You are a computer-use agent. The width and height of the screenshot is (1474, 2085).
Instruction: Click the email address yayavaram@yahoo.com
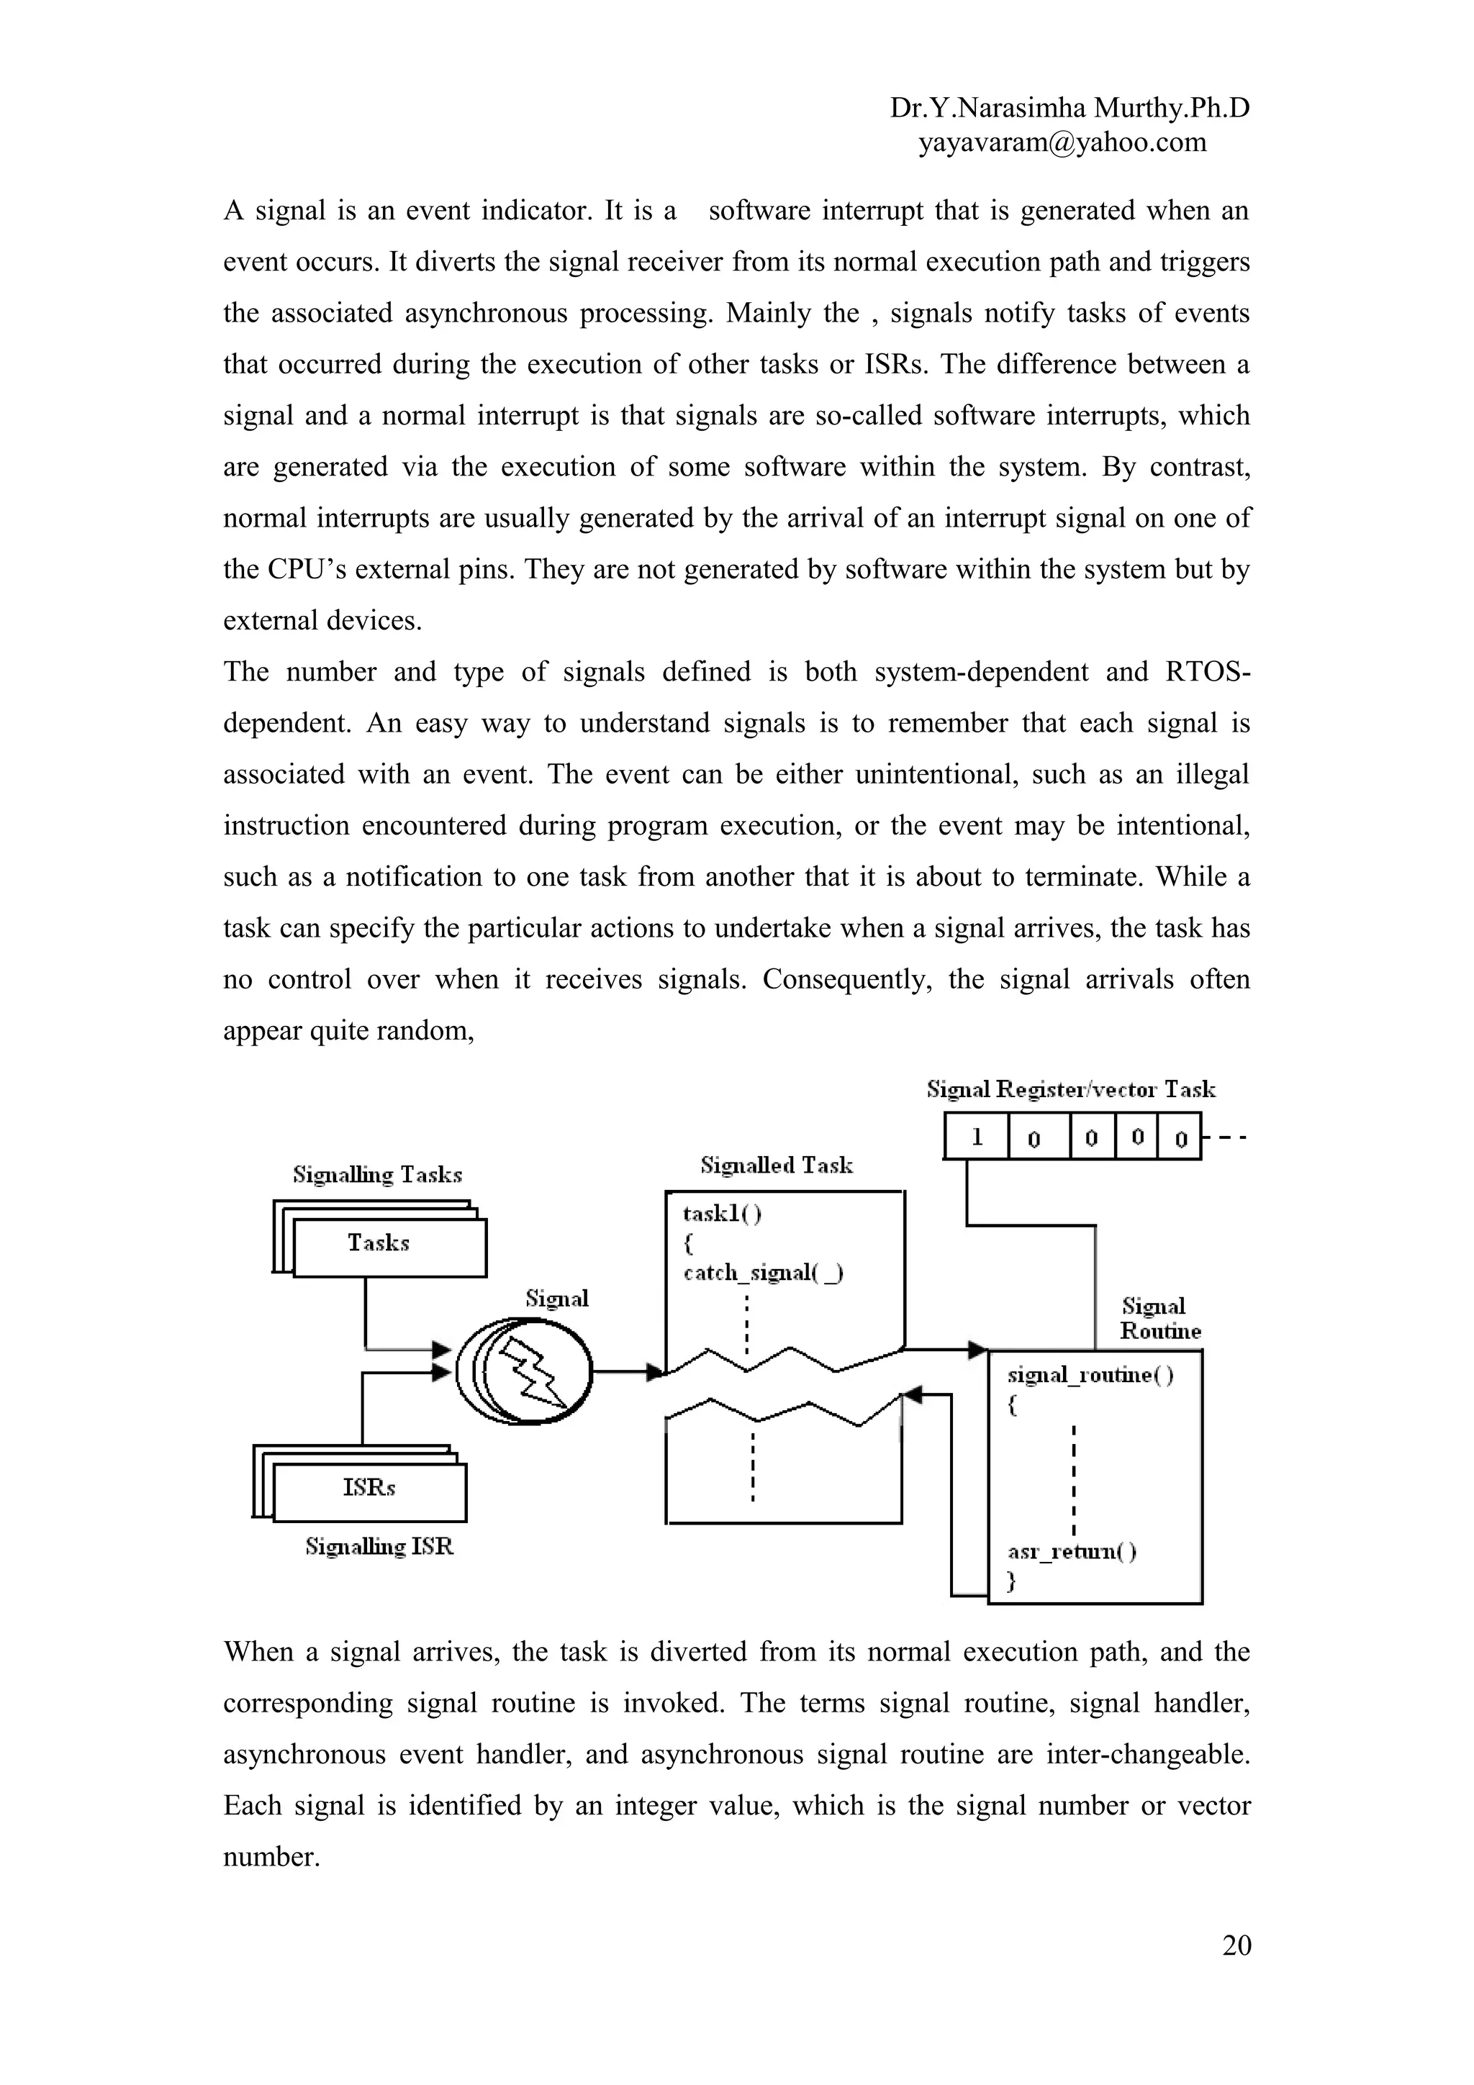[1062, 142]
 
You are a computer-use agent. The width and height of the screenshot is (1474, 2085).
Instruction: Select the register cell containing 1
[977, 1137]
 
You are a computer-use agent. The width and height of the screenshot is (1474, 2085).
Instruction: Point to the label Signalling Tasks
[377, 1175]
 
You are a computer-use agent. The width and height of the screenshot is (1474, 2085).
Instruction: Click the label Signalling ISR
[379, 1547]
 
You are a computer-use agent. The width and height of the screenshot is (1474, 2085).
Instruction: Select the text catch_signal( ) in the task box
[763, 1273]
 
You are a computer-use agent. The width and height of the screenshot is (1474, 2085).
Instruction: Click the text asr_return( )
[1072, 1551]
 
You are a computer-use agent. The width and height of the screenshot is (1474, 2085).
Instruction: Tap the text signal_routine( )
[1090, 1375]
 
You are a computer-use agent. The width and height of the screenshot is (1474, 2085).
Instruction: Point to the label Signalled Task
[777, 1165]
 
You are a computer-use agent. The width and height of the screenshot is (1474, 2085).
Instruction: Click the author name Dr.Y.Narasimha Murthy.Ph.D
[1069, 108]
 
